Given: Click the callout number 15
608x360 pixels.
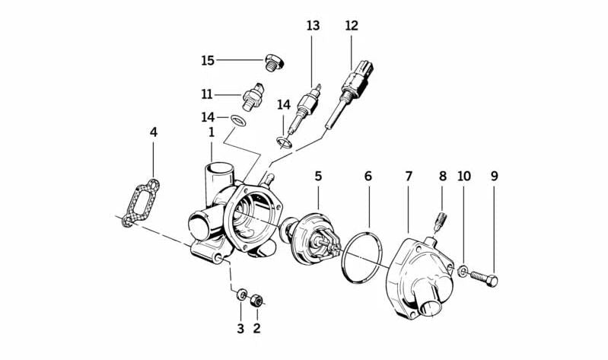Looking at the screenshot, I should (208, 60).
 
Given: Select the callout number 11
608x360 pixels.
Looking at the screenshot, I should (207, 95).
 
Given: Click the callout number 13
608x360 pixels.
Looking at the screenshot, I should (314, 25).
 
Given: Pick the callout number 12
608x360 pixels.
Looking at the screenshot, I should (351, 25).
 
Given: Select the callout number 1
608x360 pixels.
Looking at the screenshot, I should (212, 132).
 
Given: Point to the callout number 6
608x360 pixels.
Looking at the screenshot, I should (368, 176).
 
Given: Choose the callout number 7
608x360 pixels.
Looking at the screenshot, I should (409, 176).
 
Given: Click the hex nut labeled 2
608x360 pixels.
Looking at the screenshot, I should (257, 298).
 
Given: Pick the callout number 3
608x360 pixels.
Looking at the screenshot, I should (240, 329).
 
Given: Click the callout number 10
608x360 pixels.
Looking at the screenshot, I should (464, 176).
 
